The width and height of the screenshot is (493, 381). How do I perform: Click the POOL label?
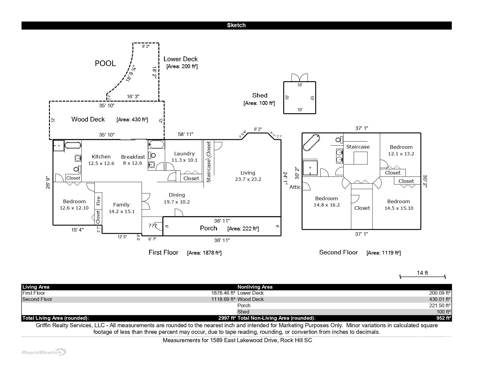click(105, 63)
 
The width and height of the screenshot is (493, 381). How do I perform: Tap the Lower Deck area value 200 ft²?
click(182, 66)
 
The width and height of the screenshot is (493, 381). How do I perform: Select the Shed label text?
click(260, 95)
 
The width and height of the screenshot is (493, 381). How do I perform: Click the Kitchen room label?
click(101, 157)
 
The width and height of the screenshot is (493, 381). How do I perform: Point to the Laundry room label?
click(184, 154)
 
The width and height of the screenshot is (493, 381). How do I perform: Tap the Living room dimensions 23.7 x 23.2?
click(248, 179)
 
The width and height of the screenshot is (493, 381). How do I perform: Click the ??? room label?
click(152, 226)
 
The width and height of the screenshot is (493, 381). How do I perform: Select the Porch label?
click(209, 228)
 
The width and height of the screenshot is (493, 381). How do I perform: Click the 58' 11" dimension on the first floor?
click(186, 134)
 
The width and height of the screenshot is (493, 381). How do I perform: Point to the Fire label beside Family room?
click(98, 200)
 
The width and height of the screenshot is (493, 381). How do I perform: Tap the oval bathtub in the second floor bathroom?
click(311, 143)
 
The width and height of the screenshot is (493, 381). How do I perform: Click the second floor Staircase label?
click(358, 147)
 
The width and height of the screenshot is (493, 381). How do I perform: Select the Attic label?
click(295, 187)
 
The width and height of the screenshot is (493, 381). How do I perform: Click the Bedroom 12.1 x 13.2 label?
click(401, 147)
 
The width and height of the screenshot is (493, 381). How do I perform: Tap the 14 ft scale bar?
click(422, 276)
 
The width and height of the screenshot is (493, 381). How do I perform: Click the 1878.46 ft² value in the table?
click(223, 293)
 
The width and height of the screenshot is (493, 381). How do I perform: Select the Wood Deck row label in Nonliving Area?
click(250, 299)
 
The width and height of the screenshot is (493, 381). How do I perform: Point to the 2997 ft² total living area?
click(227, 318)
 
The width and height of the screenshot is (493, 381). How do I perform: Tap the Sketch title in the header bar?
click(236, 25)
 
